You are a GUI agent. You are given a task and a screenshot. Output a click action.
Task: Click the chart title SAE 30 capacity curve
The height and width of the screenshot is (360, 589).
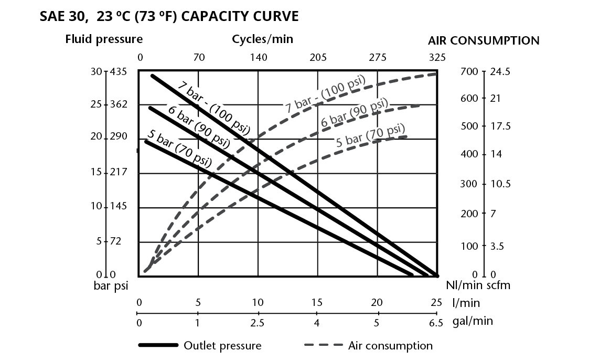(x=169, y=17)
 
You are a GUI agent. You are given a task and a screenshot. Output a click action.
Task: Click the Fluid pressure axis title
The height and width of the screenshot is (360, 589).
(x=104, y=39)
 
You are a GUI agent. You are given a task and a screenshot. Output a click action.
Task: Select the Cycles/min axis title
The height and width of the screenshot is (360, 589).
(x=262, y=39)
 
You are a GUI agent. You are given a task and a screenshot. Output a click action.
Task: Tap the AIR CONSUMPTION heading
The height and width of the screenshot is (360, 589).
(x=484, y=40)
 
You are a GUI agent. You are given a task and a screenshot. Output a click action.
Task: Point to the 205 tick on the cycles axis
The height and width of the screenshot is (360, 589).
(x=318, y=58)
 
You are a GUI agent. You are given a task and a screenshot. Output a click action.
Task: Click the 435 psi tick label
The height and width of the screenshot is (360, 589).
(x=119, y=71)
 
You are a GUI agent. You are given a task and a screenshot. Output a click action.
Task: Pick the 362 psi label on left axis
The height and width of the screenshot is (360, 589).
(x=119, y=104)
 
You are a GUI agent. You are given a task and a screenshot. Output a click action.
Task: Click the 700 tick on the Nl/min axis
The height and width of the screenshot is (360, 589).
(x=469, y=71)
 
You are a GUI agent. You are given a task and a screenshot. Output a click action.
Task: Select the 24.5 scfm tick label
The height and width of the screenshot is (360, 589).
(x=500, y=71)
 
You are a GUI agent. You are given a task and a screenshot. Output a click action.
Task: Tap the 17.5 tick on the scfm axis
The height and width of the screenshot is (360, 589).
(x=500, y=126)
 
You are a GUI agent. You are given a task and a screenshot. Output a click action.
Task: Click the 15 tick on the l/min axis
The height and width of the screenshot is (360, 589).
(x=317, y=302)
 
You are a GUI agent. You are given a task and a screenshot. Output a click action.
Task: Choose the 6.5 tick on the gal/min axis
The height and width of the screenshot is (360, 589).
(x=436, y=323)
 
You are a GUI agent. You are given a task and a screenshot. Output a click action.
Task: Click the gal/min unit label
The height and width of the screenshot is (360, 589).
(x=473, y=321)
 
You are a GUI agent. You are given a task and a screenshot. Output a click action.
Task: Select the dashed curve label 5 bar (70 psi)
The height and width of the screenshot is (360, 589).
(x=370, y=135)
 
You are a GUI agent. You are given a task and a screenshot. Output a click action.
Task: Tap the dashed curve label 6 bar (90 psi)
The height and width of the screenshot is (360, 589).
(x=354, y=113)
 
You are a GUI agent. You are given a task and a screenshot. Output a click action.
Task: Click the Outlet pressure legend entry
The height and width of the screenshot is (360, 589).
(x=200, y=345)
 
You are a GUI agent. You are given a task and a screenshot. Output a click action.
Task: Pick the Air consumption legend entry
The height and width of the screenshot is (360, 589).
(x=369, y=345)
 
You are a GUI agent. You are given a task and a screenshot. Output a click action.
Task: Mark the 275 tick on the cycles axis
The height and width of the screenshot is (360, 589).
(x=378, y=58)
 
